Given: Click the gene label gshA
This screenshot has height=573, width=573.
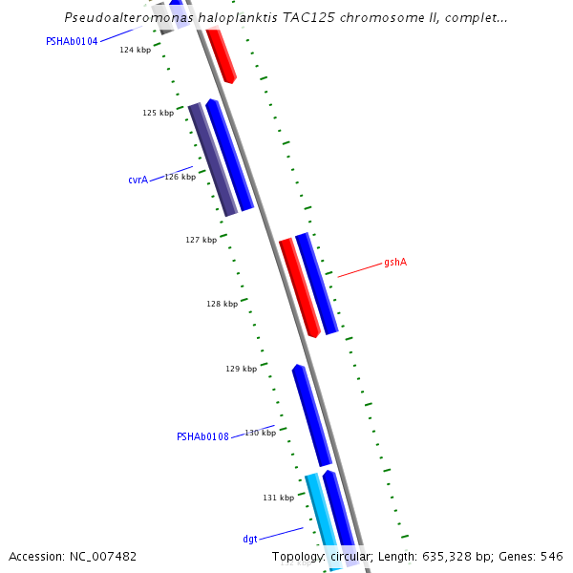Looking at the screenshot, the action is (395, 262).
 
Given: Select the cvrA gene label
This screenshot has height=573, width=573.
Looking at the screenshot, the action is (138, 180).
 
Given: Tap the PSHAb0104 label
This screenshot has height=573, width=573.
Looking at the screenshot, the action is (72, 42).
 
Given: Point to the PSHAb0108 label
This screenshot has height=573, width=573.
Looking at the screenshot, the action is (202, 437).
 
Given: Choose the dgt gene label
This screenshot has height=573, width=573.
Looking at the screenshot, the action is (249, 540).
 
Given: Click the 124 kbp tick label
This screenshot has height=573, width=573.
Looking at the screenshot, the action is (135, 50).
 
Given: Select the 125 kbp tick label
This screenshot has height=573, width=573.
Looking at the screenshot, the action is (158, 113).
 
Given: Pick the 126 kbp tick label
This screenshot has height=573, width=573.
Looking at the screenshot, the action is (180, 177).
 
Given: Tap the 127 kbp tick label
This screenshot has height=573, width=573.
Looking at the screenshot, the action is (201, 240).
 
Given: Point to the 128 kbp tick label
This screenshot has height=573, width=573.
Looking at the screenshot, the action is (222, 304).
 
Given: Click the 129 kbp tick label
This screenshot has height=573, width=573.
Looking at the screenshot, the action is (241, 369).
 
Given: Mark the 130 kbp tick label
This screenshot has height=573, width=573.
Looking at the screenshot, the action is (260, 433).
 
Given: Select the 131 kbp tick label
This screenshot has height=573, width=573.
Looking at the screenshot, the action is (278, 498).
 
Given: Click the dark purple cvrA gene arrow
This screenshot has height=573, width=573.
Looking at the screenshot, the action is (212, 159).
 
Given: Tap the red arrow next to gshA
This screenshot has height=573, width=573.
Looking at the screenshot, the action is (299, 287).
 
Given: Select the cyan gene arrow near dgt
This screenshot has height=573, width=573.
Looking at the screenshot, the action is (321, 516).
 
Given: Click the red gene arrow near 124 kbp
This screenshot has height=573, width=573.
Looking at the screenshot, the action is (221, 55).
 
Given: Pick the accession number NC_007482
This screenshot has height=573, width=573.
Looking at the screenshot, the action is (99, 556).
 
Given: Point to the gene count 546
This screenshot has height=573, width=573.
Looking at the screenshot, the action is (551, 556).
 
